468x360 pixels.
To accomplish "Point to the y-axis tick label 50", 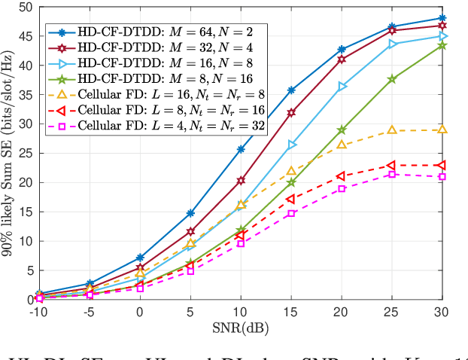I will [24, 7].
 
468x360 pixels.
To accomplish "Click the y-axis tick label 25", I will [24, 154].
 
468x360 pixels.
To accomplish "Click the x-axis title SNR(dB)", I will [241, 329].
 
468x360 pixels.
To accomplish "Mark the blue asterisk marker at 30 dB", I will [442, 18].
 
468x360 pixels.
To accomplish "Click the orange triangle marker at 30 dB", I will [442, 130].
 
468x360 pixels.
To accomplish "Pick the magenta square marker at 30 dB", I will [442, 176].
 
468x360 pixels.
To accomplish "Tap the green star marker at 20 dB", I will [342, 130].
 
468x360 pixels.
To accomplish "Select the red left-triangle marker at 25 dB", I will [392, 165].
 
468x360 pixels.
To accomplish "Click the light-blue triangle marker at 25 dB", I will [392, 44].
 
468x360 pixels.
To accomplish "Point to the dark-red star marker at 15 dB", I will [291, 112].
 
